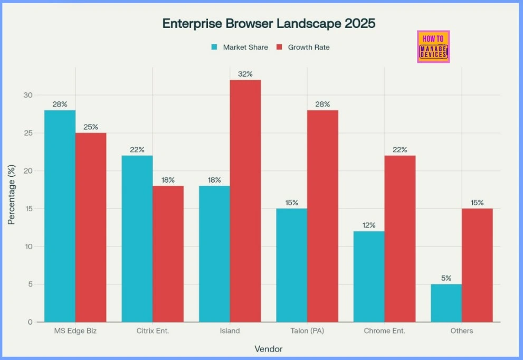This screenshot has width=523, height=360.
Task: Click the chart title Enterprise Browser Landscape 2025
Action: [269, 24]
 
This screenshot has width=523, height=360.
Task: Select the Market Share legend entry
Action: [240, 47]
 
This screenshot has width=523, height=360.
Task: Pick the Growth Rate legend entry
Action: [303, 47]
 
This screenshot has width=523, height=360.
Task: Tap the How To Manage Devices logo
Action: [433, 46]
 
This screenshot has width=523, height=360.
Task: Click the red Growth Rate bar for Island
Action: [245, 201]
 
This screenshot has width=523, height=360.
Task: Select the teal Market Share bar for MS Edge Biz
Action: [60, 216]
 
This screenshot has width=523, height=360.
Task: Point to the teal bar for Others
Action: [446, 303]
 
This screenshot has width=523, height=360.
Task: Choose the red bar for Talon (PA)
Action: [322, 216]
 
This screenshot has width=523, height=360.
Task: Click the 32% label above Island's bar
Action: [245, 74]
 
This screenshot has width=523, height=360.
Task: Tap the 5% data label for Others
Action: [446, 278]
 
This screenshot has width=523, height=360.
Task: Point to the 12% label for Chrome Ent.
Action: [369, 225]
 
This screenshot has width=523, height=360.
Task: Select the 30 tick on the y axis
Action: [27, 96]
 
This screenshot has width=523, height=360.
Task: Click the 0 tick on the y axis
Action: [30, 322]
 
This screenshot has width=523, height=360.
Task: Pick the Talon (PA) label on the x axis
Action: [307, 331]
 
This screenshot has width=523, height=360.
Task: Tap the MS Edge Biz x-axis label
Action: [75, 331]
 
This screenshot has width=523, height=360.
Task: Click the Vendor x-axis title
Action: [268, 349]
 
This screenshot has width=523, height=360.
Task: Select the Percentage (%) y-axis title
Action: [11, 195]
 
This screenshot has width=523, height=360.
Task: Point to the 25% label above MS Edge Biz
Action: [90, 127]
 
